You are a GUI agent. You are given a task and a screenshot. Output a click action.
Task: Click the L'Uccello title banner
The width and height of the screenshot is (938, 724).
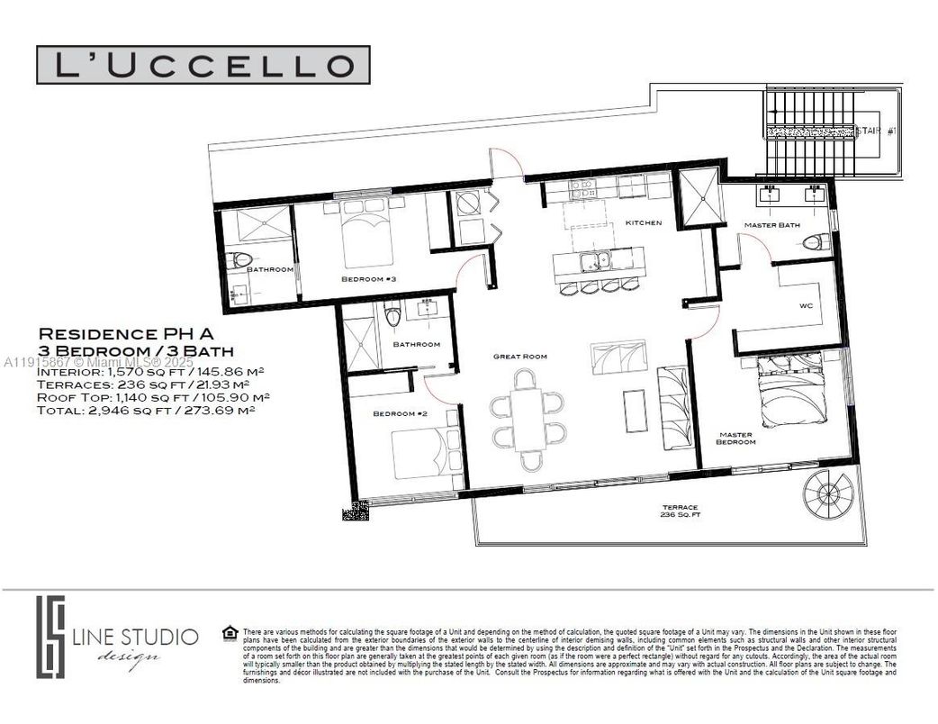point(203,65)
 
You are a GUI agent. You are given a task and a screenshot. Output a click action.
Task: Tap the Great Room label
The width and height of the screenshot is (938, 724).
point(520,357)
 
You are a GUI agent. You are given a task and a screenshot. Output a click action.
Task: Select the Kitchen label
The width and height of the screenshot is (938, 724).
point(644,222)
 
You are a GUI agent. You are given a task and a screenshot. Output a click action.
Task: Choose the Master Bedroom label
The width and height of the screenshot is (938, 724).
point(735,438)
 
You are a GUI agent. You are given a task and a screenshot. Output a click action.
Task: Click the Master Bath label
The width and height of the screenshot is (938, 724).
point(772,224)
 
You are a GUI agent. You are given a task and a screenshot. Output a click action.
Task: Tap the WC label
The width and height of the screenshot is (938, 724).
point(806,306)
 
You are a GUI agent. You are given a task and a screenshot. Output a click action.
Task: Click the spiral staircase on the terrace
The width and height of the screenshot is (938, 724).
point(828,493)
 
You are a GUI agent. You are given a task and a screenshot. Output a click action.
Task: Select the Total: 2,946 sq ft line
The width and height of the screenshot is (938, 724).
point(147,409)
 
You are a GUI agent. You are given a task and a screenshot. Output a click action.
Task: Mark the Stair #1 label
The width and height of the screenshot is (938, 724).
point(876,131)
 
